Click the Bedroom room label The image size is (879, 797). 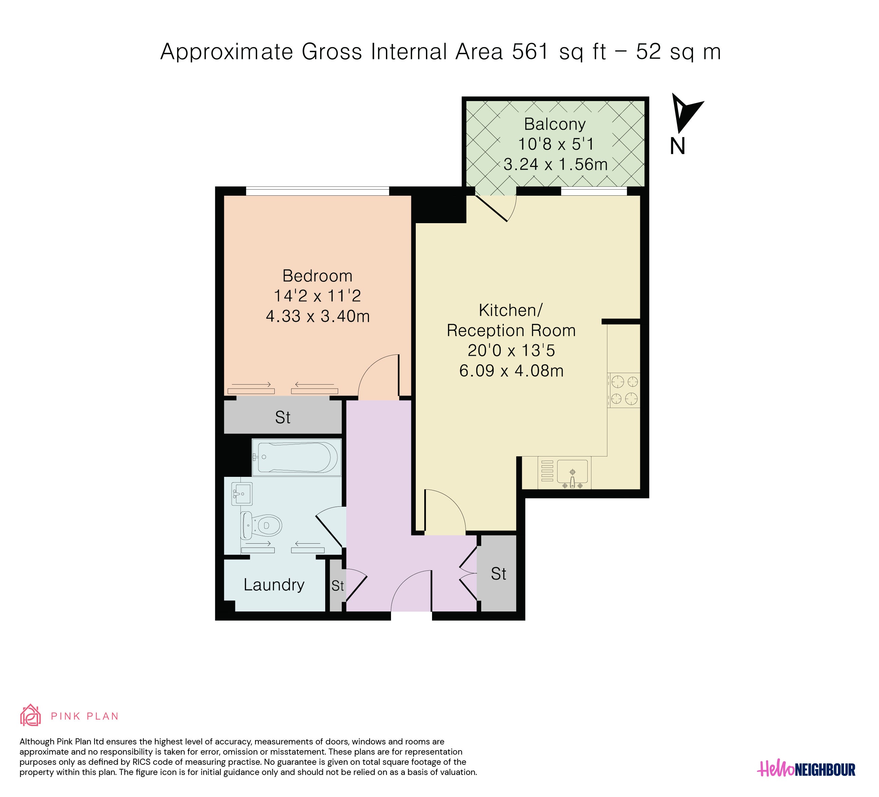[x=317, y=276]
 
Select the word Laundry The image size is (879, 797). [x=274, y=585]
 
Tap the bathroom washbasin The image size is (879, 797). [x=241, y=494]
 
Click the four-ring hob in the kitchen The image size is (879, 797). [x=624, y=390]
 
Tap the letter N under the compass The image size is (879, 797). [x=678, y=147]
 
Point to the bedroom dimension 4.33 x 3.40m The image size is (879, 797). [x=318, y=316]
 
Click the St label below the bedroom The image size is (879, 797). [x=282, y=418]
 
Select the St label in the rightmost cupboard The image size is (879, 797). [x=499, y=574]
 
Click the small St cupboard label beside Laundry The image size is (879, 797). [x=337, y=586]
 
